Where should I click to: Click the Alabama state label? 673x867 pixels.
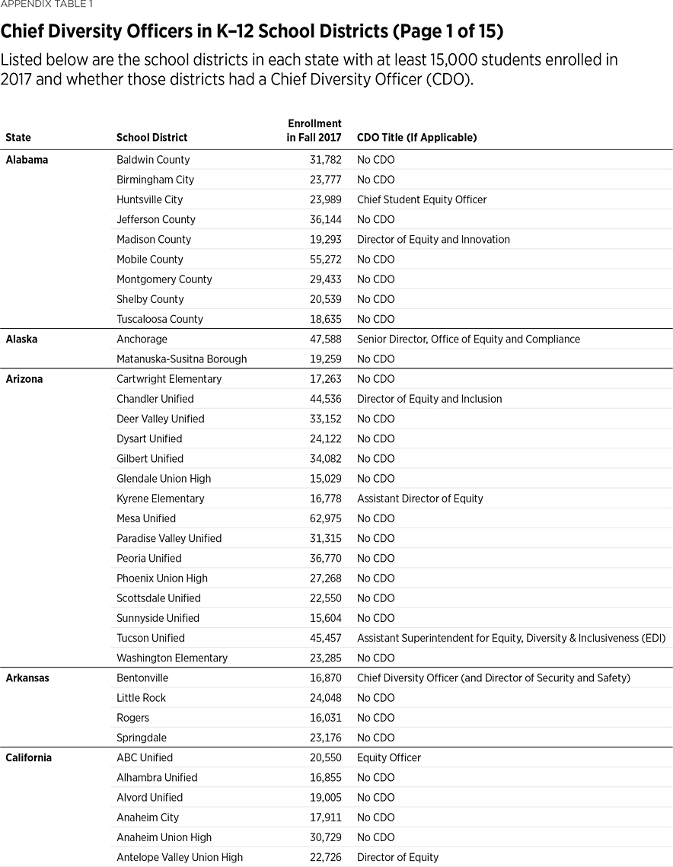pos(27,160)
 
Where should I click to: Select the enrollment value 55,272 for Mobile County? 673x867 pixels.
pos(323,260)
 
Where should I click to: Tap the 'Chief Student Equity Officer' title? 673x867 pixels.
pos(422,199)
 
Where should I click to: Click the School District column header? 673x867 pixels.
pos(152,138)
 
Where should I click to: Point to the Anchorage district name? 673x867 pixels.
pos(142,339)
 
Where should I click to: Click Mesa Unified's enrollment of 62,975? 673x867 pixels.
pos(323,518)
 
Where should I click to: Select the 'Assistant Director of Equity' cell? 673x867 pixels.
pos(419,499)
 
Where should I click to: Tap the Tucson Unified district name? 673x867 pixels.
pos(151,638)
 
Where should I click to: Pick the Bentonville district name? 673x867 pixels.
pos(142,677)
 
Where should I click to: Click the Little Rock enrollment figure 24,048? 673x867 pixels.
pos(323,698)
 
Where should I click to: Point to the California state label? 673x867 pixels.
pos(28,757)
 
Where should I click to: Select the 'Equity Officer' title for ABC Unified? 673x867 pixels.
pos(388,757)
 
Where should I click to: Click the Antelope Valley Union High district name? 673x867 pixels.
pos(180,857)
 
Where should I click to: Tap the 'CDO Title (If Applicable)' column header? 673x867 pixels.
pos(416,138)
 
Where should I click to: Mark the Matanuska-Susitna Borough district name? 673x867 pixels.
pos(181,359)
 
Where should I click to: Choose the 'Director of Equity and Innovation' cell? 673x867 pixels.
pos(433,239)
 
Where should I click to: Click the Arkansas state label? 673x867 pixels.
pos(27,677)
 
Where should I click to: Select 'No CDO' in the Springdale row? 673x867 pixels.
pos(375,738)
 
